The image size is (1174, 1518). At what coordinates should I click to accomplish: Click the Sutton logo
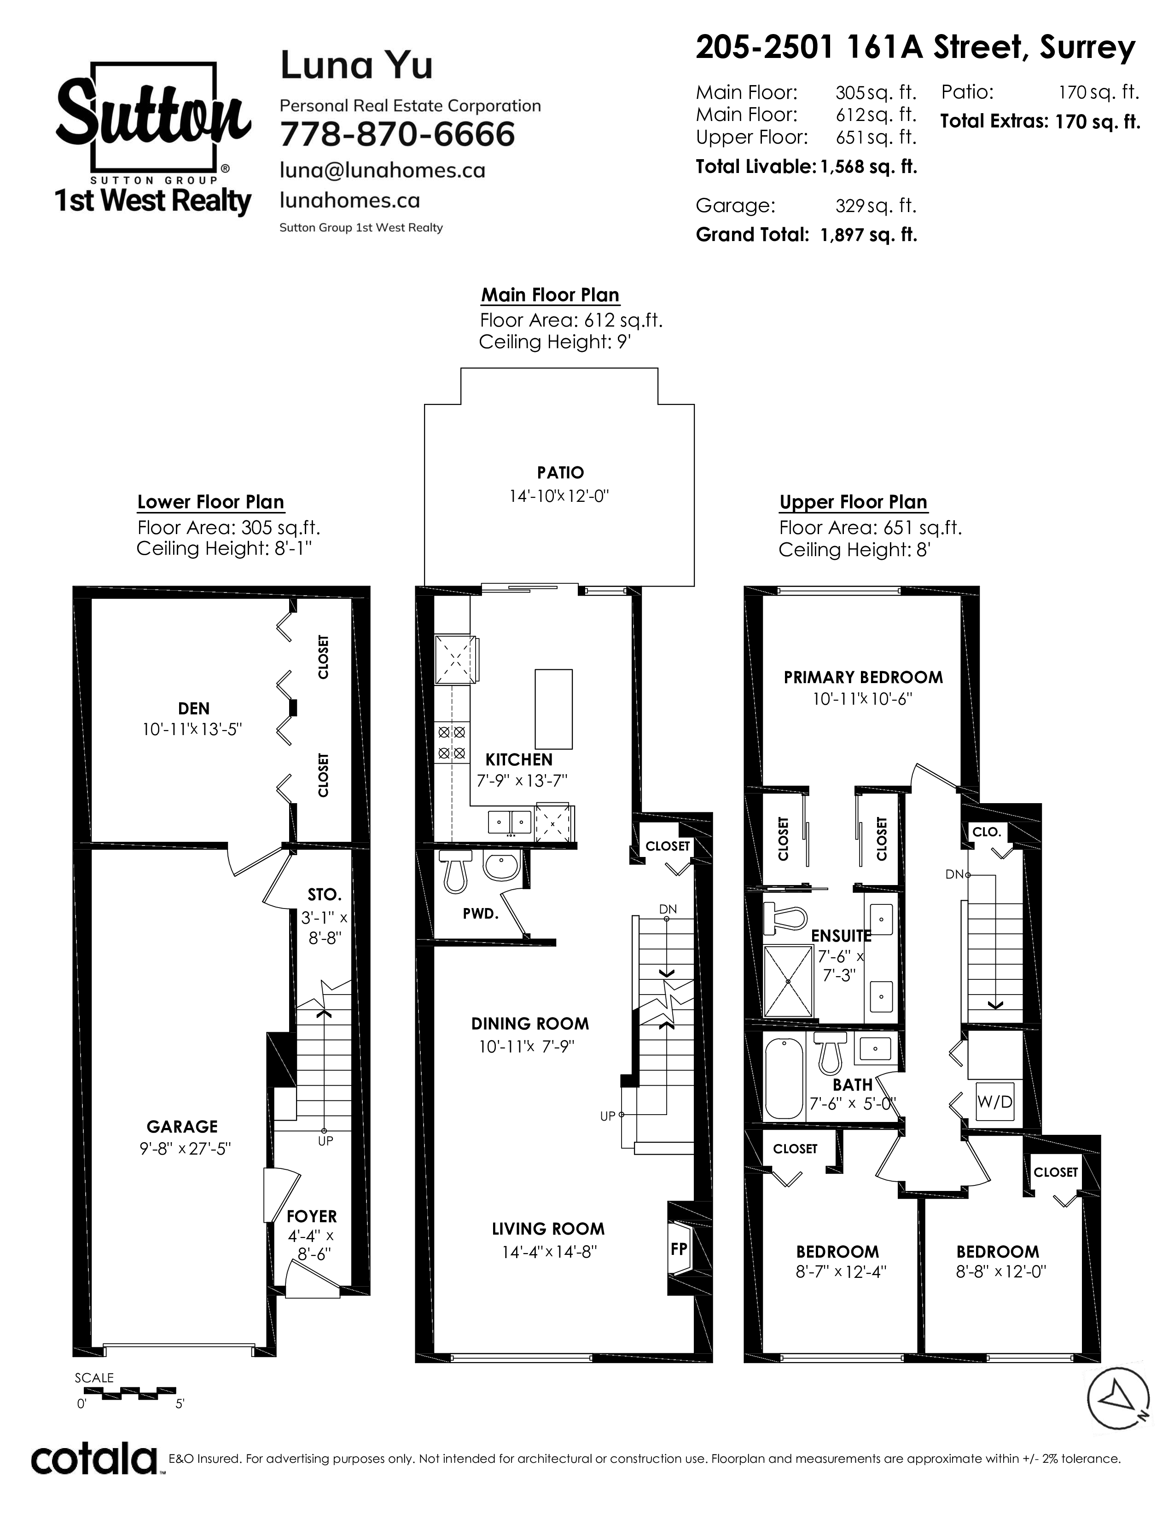tap(152, 138)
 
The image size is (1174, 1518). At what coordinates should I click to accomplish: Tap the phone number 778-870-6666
tap(397, 134)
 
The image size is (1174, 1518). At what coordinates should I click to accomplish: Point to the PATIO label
tap(560, 472)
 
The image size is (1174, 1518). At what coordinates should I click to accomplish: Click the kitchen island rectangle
tap(553, 709)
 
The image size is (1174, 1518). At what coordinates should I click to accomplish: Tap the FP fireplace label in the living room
tap(679, 1249)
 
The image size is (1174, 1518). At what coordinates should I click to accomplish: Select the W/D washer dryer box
tap(995, 1102)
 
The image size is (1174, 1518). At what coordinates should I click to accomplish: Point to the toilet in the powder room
tap(455, 872)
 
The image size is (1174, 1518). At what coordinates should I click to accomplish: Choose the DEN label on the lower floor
tap(194, 708)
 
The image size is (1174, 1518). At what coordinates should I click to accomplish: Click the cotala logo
tap(94, 1460)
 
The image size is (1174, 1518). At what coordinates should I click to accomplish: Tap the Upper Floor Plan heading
tap(854, 502)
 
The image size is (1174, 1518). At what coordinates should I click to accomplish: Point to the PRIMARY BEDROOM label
tap(863, 678)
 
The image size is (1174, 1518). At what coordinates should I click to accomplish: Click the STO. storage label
tap(324, 895)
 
